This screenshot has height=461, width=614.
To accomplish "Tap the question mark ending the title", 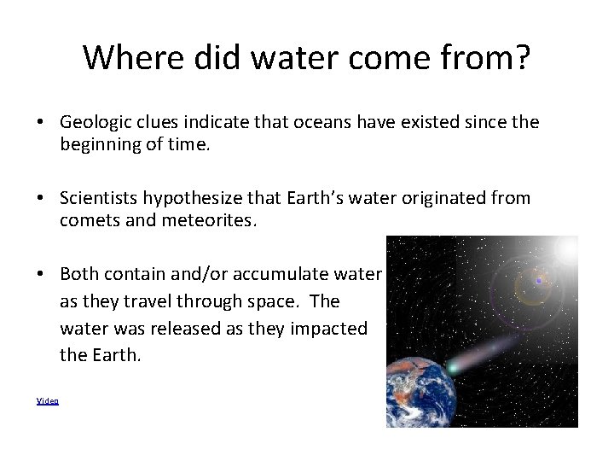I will [x=522, y=57].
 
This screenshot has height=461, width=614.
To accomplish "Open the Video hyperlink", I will [x=48, y=400].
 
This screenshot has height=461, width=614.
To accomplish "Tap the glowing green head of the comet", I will [x=453, y=367].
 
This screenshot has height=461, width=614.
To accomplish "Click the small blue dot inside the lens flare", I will [x=538, y=281].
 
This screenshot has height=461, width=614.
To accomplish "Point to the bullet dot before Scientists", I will [x=41, y=199].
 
